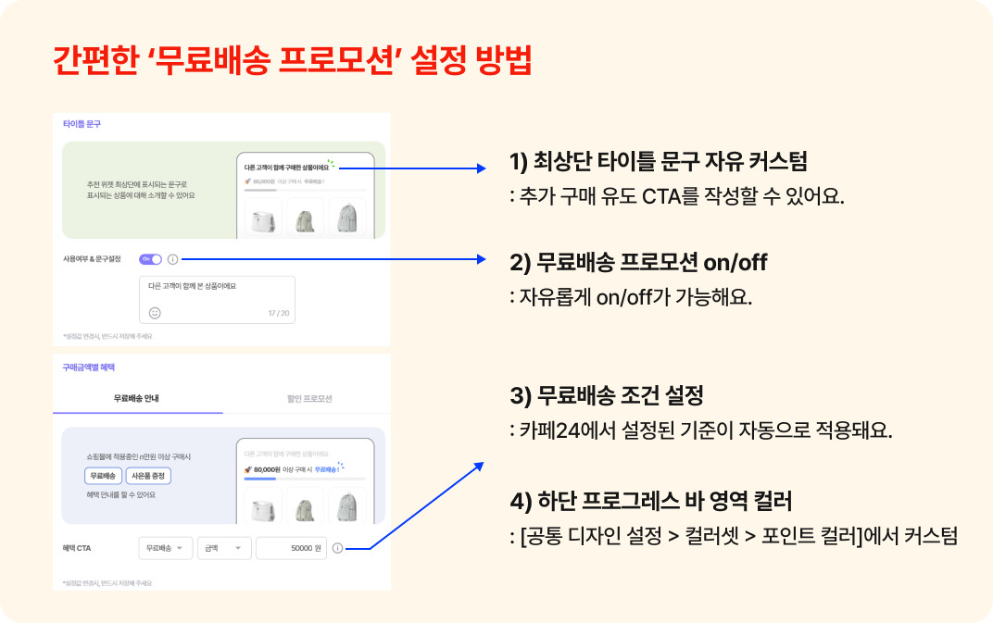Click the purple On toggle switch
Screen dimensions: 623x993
coord(150,259)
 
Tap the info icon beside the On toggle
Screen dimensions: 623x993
coord(172,259)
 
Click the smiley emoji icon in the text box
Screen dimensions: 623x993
coord(155,313)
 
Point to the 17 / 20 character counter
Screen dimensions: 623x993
coord(278,313)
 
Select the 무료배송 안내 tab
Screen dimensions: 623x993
coord(137,398)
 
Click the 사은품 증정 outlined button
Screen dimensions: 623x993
coord(148,476)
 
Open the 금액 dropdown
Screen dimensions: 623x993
coord(223,548)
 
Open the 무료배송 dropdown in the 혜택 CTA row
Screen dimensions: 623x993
coord(165,548)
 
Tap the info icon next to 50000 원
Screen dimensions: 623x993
coord(337,548)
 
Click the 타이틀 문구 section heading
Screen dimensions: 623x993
coord(82,123)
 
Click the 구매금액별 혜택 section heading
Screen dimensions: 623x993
coord(89,368)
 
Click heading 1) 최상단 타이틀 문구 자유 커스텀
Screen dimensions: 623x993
coord(659,161)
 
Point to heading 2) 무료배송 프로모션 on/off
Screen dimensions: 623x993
coord(638,263)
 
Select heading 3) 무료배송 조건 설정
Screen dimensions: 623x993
coord(607,396)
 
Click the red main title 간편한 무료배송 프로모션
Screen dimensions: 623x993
coord(292,62)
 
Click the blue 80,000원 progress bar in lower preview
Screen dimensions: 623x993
coord(260,480)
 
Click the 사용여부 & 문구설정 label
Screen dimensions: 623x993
coord(92,259)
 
